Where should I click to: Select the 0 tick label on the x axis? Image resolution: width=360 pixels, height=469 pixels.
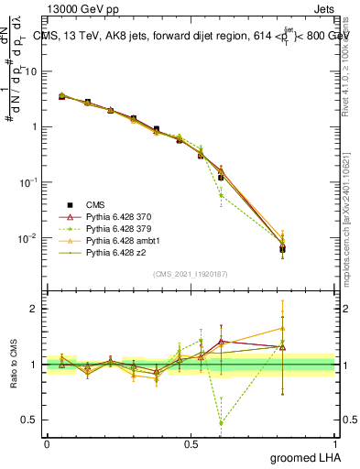(47, 443)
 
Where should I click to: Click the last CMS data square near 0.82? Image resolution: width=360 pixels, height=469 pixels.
(283, 248)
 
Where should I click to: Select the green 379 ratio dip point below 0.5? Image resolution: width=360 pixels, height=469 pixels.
(221, 423)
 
